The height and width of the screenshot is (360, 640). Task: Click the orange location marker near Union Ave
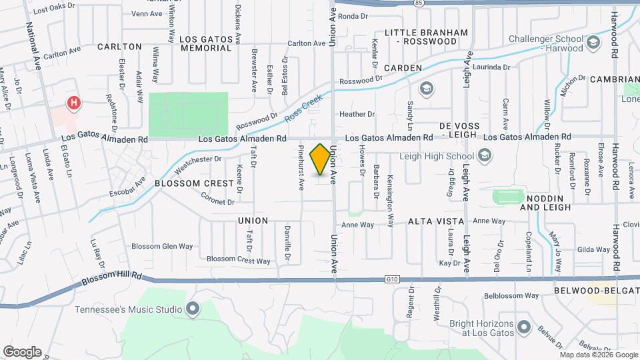tap(321, 159)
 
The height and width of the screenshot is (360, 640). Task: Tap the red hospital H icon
tap(74, 103)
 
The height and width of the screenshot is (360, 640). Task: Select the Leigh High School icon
tap(485, 156)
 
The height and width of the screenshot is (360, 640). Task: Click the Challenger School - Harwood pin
tap(591, 44)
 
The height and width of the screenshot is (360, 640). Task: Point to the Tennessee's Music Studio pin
tap(193, 309)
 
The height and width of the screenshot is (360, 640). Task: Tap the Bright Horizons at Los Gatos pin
tap(523, 327)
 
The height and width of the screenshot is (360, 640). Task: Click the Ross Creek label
tap(303, 108)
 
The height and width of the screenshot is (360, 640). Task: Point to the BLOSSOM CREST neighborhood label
tap(185, 183)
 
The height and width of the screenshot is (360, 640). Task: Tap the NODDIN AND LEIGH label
tap(546, 203)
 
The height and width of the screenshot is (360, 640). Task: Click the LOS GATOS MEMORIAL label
tap(206, 44)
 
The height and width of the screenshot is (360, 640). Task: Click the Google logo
tap(22, 351)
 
